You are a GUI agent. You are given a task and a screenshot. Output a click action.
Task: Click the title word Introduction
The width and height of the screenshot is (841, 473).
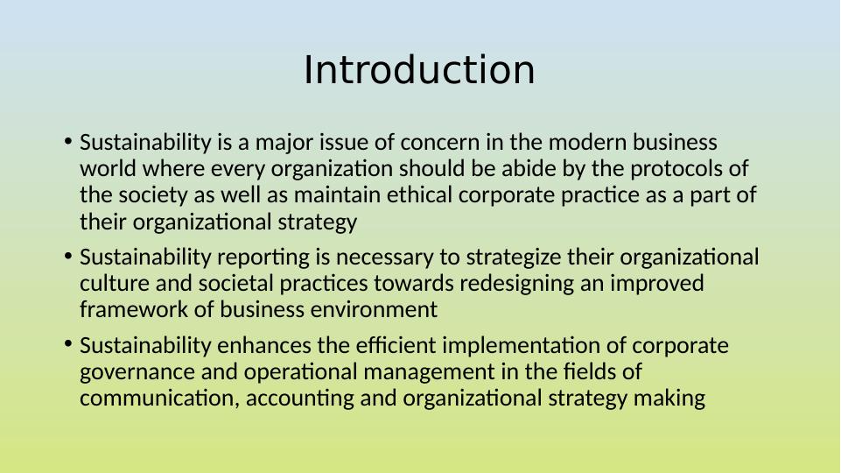(419, 70)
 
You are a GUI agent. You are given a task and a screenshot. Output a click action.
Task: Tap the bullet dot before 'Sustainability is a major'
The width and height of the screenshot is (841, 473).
(67, 142)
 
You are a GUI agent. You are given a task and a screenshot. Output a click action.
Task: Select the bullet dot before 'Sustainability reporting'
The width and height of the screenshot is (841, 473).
(67, 256)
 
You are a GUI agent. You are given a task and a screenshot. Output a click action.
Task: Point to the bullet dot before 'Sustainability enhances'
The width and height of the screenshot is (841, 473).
(67, 344)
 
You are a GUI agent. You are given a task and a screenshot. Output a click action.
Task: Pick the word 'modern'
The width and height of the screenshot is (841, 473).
(587, 142)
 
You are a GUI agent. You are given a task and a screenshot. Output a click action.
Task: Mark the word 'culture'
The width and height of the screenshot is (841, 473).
(115, 284)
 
